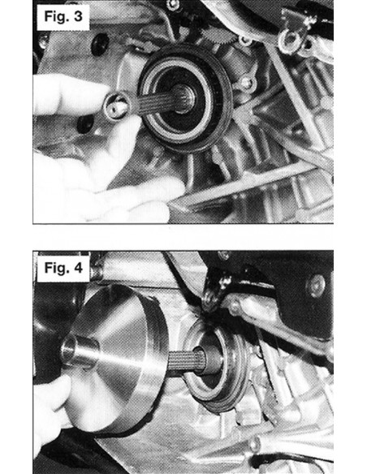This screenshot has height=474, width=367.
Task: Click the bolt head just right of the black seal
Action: pos(245,82)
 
